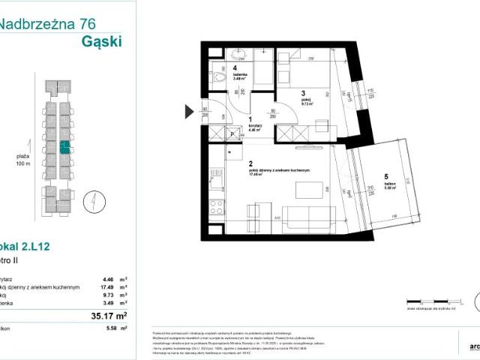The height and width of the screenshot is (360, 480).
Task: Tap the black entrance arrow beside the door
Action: pos(188,113)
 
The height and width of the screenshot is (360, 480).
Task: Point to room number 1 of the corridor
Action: pos(250,117)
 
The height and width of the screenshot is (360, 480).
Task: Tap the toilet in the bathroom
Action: pos(218,76)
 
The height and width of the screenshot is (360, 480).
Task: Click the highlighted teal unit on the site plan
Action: pos(66,147)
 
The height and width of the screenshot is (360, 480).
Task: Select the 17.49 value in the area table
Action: pos(109,286)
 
